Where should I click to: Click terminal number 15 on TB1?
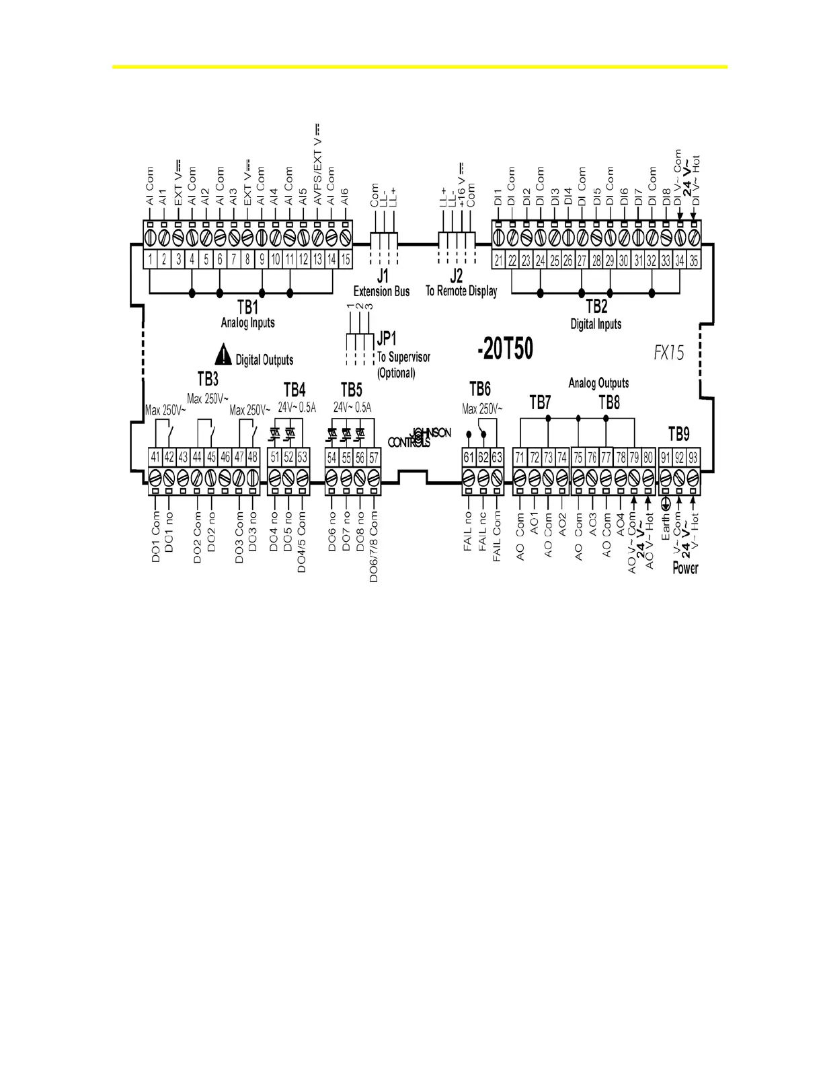click(346, 260)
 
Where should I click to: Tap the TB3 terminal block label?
click(208, 379)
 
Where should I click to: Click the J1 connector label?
click(382, 276)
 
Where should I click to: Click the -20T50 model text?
click(504, 350)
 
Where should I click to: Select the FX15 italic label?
click(668, 353)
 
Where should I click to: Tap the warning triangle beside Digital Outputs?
click(223, 353)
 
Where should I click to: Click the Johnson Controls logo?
click(420, 437)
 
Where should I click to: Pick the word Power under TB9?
click(685, 568)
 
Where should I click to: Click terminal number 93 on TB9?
click(693, 458)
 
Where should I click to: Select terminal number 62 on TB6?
click(483, 458)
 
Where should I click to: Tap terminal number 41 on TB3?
click(155, 458)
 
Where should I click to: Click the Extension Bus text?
click(382, 291)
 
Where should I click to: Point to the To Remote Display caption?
click(461, 291)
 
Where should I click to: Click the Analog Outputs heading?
click(598, 383)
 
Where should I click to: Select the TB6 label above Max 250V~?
click(479, 389)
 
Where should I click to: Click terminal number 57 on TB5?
click(374, 458)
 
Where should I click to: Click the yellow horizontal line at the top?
click(420, 67)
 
